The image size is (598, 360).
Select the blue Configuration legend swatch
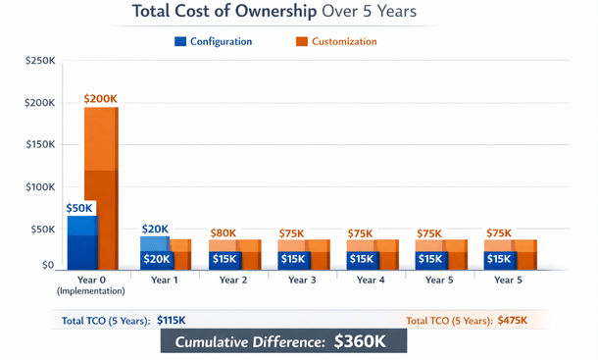pyautogui.click(x=179, y=41)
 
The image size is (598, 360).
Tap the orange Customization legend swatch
pyautogui.click(x=301, y=41)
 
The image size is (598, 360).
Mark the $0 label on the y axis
pyautogui.click(x=47, y=265)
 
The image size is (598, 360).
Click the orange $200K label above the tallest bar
pyautogui.click(x=101, y=98)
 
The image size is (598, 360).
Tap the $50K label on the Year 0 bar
pyautogui.click(x=80, y=208)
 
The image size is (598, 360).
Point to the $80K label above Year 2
pyautogui.click(x=223, y=232)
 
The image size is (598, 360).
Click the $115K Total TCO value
pyautogui.click(x=172, y=321)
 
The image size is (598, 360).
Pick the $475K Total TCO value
pyautogui.click(x=509, y=321)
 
